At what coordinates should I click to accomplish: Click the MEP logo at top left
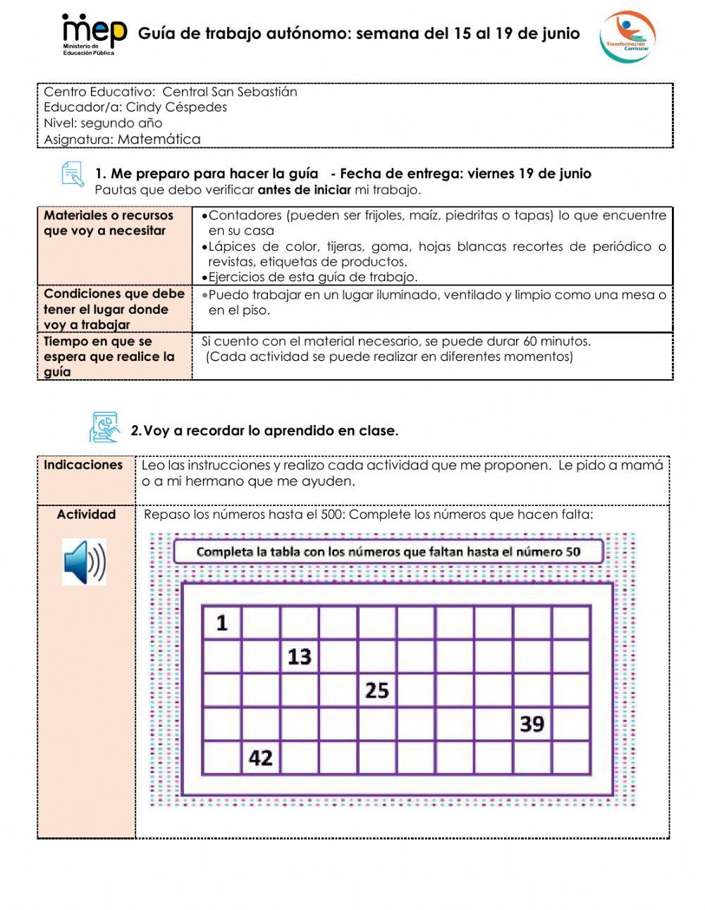point(94,33)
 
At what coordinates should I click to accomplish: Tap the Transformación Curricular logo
point(627,36)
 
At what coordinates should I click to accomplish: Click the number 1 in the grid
point(222,622)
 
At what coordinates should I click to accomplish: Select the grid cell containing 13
point(300,656)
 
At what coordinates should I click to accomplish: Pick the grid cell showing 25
point(377,690)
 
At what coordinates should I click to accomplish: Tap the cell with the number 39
point(532,724)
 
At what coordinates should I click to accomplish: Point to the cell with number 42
point(261,758)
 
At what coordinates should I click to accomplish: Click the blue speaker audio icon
point(84,562)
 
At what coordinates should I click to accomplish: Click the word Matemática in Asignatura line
point(159,139)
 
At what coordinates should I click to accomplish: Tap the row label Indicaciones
point(83,465)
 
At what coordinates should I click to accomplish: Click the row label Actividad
point(86,515)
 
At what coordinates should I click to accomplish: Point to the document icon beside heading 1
point(73,174)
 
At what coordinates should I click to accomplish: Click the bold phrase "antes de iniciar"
point(304,190)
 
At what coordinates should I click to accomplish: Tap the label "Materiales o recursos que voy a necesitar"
point(108,223)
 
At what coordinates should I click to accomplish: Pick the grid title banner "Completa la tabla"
point(388,551)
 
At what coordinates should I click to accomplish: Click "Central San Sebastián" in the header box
point(230,92)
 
